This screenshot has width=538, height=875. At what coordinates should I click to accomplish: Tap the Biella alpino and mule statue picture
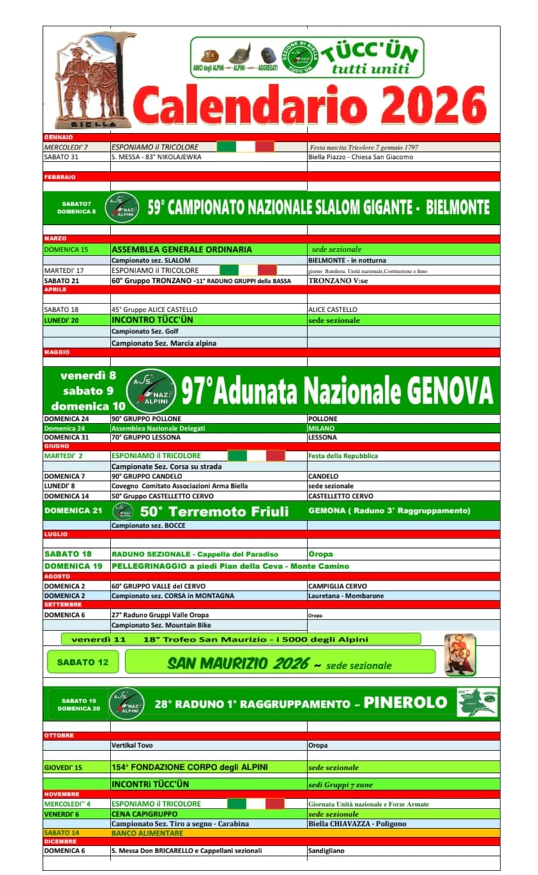click(94, 80)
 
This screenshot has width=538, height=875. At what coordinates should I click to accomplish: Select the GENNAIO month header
click(59, 137)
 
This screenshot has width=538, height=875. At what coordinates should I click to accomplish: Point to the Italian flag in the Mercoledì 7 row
click(245, 147)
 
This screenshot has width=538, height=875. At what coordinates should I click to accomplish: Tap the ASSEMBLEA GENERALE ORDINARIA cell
click(182, 250)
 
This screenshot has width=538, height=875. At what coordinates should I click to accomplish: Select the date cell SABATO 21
click(62, 280)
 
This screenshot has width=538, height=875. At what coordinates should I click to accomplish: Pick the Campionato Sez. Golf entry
click(145, 331)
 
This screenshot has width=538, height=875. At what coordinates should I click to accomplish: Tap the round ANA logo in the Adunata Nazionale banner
click(151, 390)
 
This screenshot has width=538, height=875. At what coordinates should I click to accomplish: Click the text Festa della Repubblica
click(342, 456)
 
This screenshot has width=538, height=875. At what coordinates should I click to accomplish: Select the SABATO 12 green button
click(83, 662)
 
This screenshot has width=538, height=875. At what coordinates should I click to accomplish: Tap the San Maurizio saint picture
click(460, 655)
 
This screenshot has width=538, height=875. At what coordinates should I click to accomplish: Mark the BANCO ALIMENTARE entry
click(147, 833)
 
